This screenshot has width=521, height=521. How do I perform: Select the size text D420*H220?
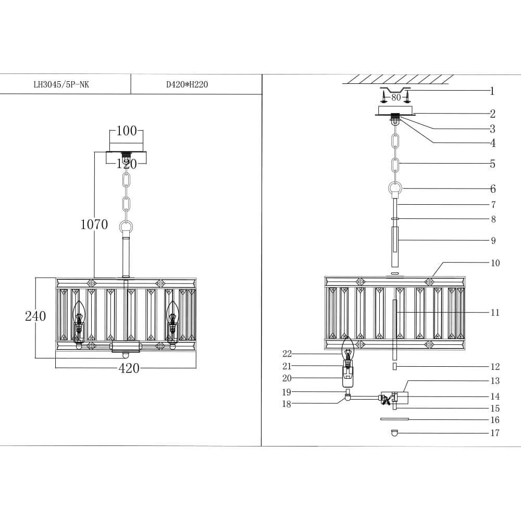pyautogui.click(x=187, y=84)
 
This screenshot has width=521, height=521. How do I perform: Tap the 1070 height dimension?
pyautogui.click(x=94, y=225)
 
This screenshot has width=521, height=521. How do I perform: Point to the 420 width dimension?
pyautogui.click(x=129, y=368)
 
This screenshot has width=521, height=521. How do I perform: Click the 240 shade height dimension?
pyautogui.click(x=35, y=316)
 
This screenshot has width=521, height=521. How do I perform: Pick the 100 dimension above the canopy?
pyautogui.click(x=126, y=131)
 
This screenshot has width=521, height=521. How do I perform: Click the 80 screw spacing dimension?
pyautogui.click(x=396, y=97)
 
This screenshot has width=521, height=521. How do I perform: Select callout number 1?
pyautogui.click(x=492, y=92)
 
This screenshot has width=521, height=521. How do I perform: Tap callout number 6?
pyautogui.click(x=492, y=189)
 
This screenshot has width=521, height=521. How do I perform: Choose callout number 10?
pyautogui.click(x=494, y=263)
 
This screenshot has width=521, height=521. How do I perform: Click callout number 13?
pyautogui.click(x=494, y=381)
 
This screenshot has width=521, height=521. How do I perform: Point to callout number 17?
pyautogui.click(x=494, y=433)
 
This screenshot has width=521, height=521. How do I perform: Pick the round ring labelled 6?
pyautogui.click(x=395, y=188)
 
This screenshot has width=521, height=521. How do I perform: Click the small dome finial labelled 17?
pyautogui.click(x=394, y=432)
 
